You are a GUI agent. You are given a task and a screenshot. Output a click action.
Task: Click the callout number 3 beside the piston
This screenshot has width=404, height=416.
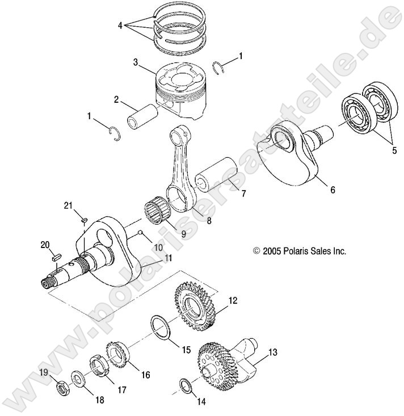(x=136, y=62)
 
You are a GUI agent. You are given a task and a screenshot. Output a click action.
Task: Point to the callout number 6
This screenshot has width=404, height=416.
(x=333, y=190)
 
